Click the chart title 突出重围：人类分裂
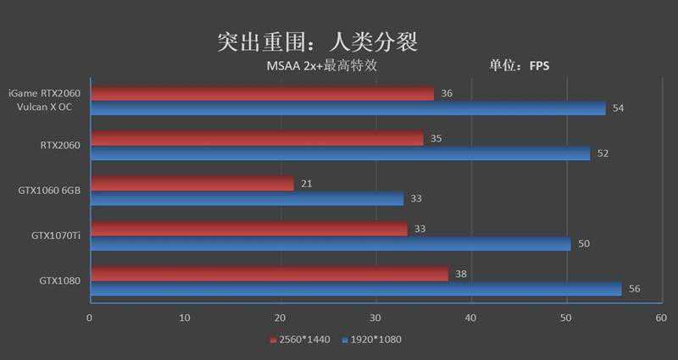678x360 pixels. coord(317,42)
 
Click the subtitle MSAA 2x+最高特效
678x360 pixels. coord(322,66)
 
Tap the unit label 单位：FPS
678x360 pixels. coord(520,66)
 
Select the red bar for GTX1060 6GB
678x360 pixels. coord(192,184)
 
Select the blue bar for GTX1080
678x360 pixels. coord(355,289)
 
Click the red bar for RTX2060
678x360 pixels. coord(256,138)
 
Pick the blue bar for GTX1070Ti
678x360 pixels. coord(330,244)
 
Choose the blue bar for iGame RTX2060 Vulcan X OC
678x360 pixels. coord(347,108)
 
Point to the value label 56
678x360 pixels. coord(634,289)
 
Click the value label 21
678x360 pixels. coord(307,184)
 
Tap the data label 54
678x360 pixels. coord(618,108)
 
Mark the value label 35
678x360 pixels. coord(436,138)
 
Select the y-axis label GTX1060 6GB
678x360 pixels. coord(49,191)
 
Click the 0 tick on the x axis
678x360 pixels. coord(90,318)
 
